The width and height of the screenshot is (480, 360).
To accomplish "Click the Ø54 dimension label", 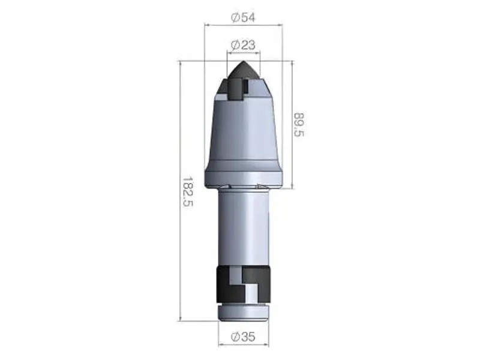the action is [243, 17].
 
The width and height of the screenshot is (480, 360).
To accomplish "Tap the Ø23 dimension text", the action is [243, 45].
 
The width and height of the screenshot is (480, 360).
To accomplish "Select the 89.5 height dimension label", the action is [299, 125].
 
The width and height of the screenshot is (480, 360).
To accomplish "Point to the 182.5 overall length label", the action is [187, 191].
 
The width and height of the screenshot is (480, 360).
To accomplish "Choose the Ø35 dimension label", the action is [243, 337].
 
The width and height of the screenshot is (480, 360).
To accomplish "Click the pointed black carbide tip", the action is [243, 70].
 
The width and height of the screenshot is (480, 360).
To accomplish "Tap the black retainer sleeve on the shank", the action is [243, 284].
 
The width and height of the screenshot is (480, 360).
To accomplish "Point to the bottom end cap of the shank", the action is [243, 312].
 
